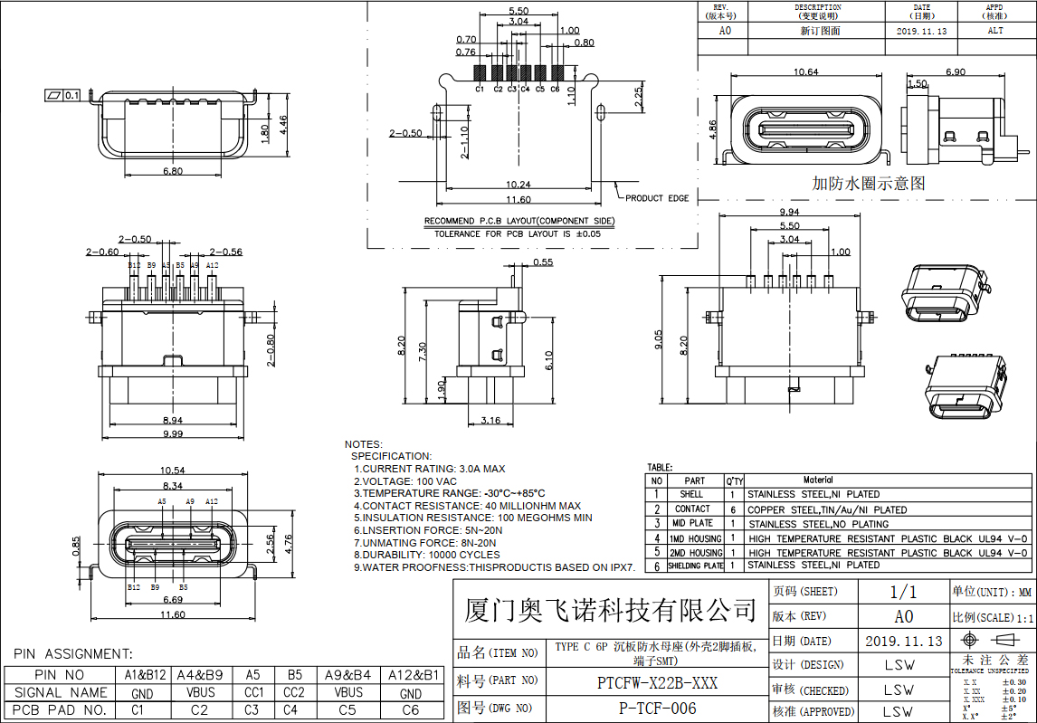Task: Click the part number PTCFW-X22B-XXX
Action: point(657,682)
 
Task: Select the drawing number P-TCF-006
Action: point(657,709)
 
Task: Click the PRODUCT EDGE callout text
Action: point(656,198)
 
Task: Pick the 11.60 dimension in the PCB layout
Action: point(518,200)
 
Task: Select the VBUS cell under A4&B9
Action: point(200,692)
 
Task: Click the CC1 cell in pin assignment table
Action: point(253,692)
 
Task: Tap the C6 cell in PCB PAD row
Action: point(410,710)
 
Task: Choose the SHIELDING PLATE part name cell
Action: point(695,566)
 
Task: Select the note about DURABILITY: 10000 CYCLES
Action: point(426,555)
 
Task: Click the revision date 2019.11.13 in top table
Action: point(920,31)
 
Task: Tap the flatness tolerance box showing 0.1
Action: point(64,94)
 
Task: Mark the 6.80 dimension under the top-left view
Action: point(172,170)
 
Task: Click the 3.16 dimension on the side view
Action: point(490,421)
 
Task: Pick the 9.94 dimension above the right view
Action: point(788,213)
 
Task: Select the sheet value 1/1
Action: point(903,592)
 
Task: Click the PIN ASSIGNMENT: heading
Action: point(72,654)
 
